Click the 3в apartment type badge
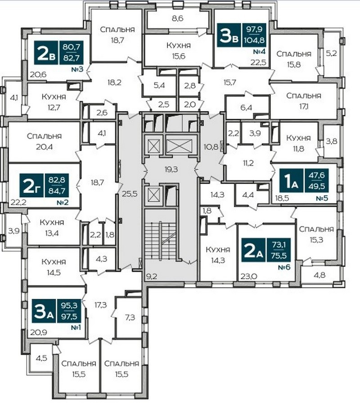[x=229, y=35]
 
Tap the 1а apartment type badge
[x=291, y=181]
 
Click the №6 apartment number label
[x=284, y=267]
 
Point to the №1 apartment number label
[x=76, y=328]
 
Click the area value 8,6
[x=177, y=18]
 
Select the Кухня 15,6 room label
[x=179, y=51]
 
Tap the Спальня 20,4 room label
[x=44, y=141]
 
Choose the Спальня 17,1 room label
[x=304, y=101]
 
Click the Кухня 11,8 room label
[x=298, y=143]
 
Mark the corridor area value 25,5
[x=130, y=193]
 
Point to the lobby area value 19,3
[x=171, y=170]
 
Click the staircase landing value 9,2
[x=152, y=277]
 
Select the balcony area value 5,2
[x=331, y=54]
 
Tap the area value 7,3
[x=130, y=317]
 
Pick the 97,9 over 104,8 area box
[x=254, y=35]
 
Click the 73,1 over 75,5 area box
[x=279, y=250]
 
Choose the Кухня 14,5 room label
[x=54, y=267]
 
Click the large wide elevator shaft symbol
[x=179, y=146]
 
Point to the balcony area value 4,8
[x=319, y=275]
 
